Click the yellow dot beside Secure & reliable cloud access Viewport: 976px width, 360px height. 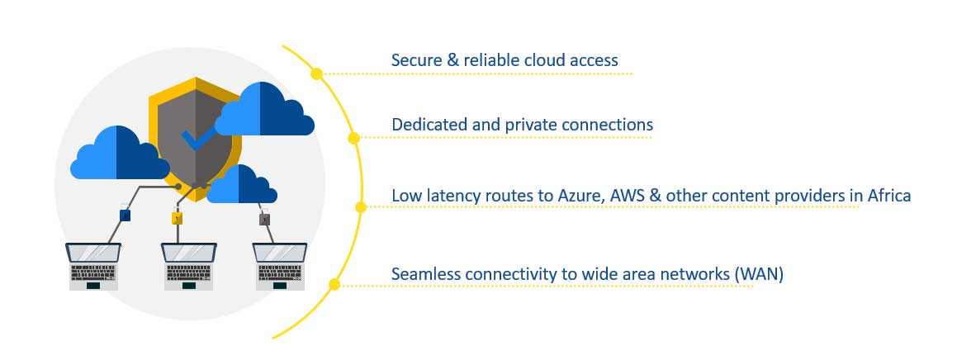(x=316, y=74)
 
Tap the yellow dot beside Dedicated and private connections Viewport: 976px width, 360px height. (x=353, y=138)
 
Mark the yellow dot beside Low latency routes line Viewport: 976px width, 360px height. (x=360, y=207)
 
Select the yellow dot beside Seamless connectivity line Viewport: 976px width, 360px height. (x=334, y=285)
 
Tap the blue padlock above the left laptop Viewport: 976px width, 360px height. (x=126, y=214)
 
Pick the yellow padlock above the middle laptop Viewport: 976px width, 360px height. (x=178, y=216)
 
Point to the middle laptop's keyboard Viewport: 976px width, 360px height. (x=189, y=272)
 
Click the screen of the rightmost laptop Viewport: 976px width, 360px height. (x=280, y=253)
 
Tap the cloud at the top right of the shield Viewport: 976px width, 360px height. (x=264, y=110)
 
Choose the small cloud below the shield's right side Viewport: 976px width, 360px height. (x=242, y=184)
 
